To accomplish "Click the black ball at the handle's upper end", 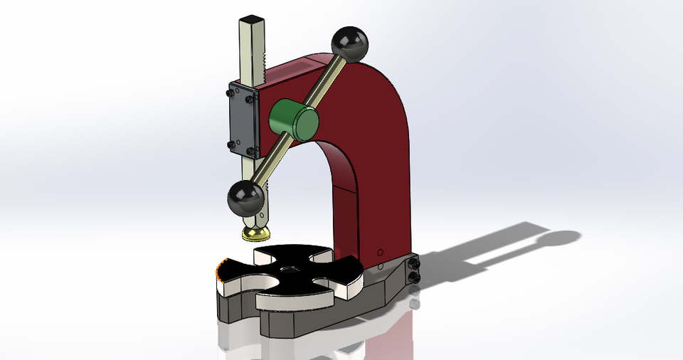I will [x=350, y=44].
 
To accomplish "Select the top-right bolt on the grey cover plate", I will [x=250, y=100].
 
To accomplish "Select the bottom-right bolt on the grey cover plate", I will [x=250, y=151].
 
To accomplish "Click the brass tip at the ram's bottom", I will [x=256, y=234].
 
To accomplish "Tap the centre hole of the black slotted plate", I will [x=290, y=270].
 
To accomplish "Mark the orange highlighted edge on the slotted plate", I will [x=219, y=270].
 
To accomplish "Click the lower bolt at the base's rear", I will [x=414, y=277].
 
